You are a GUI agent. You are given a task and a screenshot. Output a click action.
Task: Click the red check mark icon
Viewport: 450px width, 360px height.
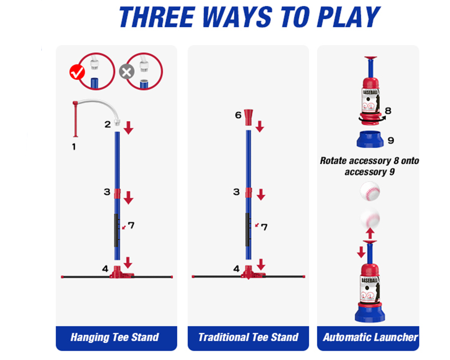click(77, 72)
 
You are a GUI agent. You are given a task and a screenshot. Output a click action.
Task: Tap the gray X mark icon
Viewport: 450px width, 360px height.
click(126, 72)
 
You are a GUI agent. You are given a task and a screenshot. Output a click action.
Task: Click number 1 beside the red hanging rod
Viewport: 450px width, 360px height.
click(74, 146)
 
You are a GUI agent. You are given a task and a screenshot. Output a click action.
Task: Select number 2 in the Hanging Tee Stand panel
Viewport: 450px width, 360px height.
click(107, 125)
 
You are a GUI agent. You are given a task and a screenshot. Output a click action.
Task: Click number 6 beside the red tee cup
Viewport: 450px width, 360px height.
click(238, 115)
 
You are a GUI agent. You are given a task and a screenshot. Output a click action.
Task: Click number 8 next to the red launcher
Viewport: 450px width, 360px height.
click(388, 110)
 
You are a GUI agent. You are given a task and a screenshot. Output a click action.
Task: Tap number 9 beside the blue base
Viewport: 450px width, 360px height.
click(391, 140)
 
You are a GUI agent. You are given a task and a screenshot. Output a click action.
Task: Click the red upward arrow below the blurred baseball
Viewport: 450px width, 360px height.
click(370, 233)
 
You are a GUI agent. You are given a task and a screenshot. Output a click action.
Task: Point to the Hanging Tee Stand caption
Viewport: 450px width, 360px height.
click(115, 337)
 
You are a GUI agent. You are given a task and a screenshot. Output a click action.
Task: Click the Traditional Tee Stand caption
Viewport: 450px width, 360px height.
click(248, 337)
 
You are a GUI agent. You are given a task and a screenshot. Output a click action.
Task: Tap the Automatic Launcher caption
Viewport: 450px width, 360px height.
click(370, 337)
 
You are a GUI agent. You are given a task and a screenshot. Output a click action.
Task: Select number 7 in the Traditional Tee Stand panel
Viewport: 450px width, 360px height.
click(264, 227)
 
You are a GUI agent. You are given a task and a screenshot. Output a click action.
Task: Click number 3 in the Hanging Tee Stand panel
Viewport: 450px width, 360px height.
click(107, 192)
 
